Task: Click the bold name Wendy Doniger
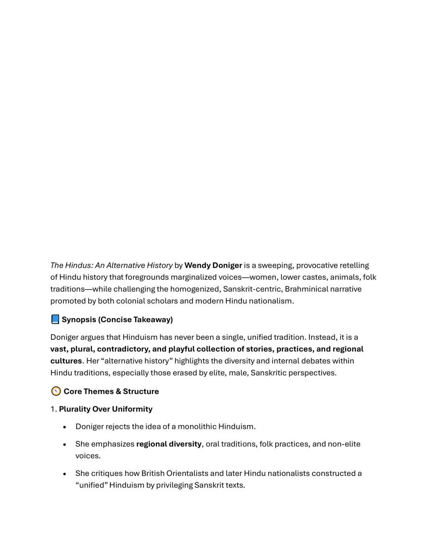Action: pos(213,265)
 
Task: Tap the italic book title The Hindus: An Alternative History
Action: pos(111,265)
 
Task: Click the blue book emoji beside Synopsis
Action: pos(55,319)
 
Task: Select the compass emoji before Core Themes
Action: pos(56,391)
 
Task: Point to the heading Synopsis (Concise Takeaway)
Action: pos(117,319)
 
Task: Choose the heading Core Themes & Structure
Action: pos(111,391)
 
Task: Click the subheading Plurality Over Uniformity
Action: pos(106,409)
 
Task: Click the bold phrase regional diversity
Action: pos(169,444)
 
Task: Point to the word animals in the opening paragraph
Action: pos(344,277)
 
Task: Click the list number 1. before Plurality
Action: pos(54,409)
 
